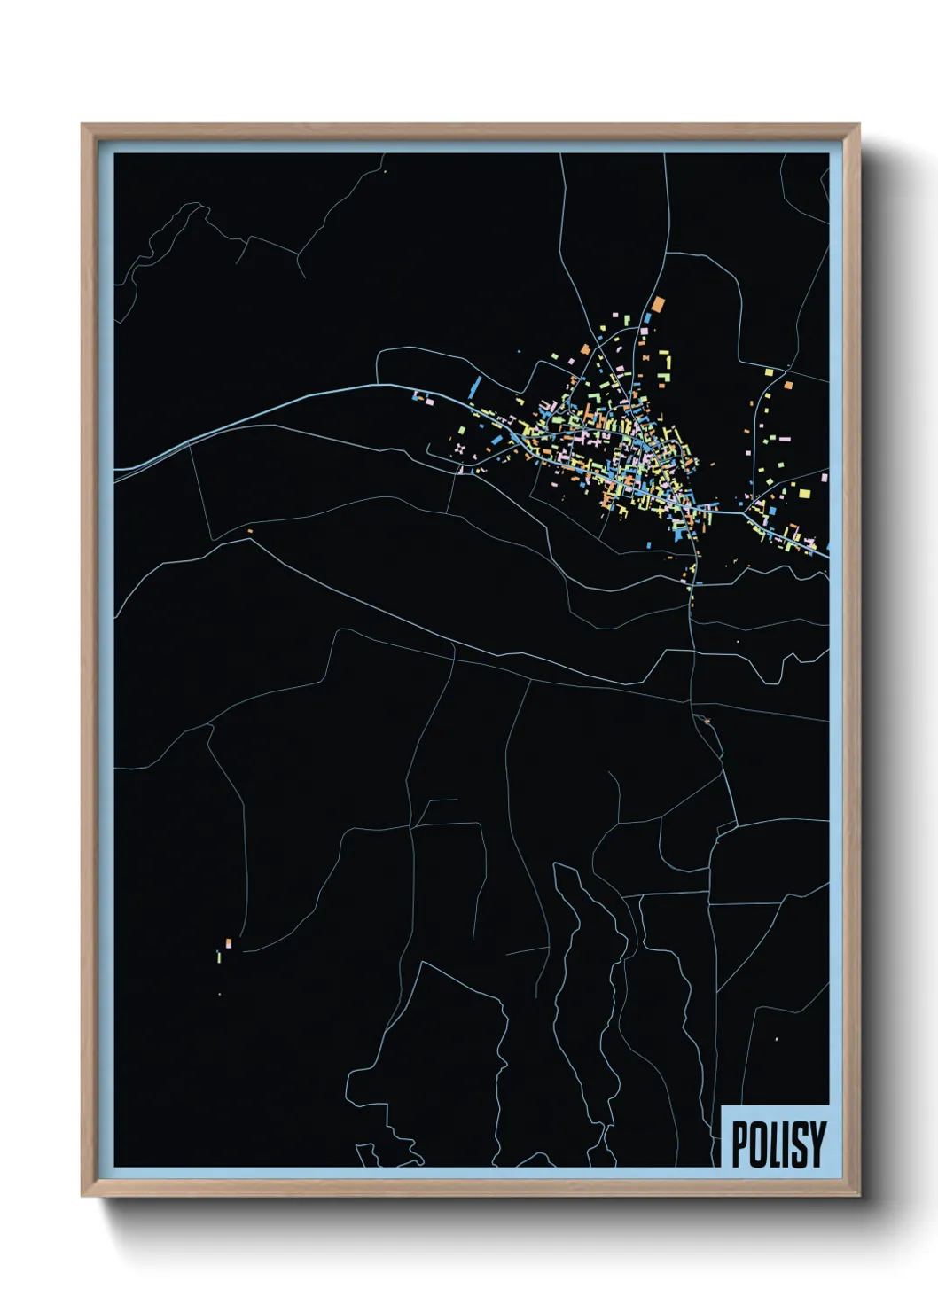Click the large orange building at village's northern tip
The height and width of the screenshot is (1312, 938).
[658, 304]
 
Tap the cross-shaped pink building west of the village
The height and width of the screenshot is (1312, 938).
[459, 449]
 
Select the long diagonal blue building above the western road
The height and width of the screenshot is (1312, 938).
[474, 386]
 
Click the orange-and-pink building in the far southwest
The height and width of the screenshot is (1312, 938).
[228, 943]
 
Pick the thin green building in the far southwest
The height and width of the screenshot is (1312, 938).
[217, 956]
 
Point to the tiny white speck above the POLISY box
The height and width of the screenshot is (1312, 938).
[776, 1038]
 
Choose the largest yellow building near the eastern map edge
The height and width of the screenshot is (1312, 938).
[805, 492]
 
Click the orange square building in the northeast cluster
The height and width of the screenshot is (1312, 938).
[787, 385]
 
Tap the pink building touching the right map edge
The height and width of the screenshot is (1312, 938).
[825, 477]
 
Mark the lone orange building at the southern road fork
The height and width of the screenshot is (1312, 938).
[250, 531]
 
